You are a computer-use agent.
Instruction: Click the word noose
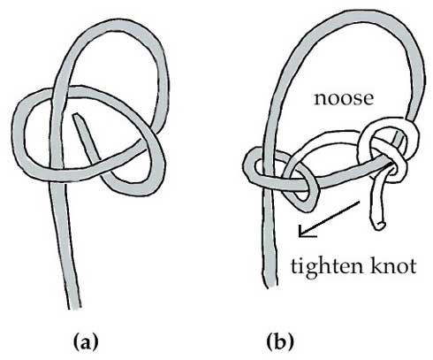[x=344, y=98]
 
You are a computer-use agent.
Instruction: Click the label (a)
[x=86, y=341]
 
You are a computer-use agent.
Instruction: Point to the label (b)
[x=280, y=341]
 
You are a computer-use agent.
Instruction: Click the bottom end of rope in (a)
[x=74, y=309]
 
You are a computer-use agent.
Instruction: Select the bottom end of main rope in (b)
[x=270, y=286]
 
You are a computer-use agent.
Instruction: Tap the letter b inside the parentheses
[x=280, y=341]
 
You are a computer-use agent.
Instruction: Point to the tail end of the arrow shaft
[x=360, y=202]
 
